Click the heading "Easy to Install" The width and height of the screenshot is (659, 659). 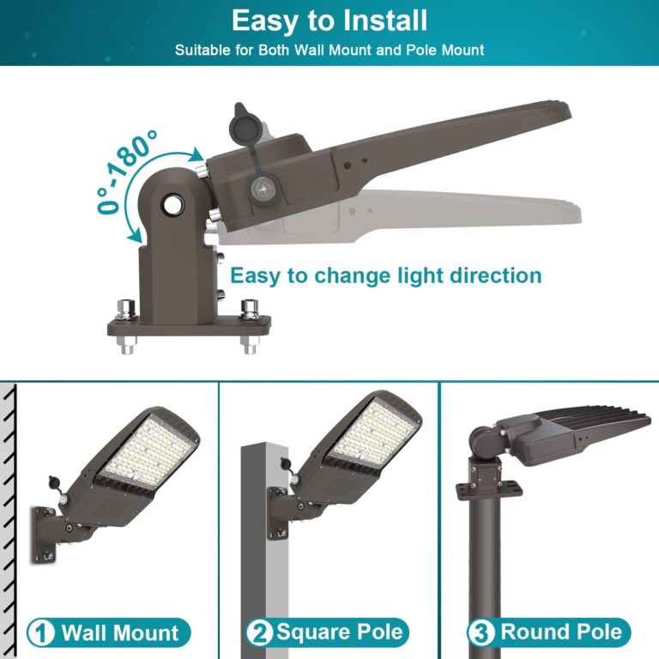329,21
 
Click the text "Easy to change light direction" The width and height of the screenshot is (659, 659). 386,275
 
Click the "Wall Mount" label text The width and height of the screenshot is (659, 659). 120,634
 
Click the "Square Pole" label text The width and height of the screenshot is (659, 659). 339,633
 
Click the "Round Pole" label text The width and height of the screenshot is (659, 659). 561,633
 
